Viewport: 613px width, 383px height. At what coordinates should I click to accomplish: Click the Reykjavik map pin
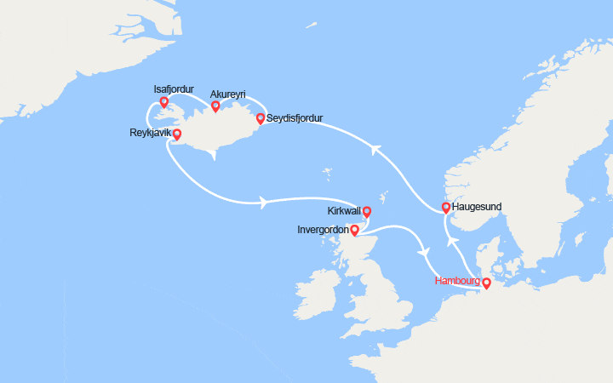(x=177, y=134)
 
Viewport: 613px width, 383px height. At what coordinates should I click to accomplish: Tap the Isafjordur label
(x=174, y=89)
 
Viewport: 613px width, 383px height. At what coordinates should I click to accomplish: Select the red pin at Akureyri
(x=215, y=106)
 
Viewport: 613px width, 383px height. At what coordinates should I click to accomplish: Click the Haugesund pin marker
(x=446, y=208)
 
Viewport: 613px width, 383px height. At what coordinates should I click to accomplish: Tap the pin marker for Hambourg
(x=486, y=283)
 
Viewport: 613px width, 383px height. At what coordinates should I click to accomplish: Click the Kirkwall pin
(x=367, y=212)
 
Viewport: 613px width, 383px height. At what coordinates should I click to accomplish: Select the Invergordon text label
(x=323, y=230)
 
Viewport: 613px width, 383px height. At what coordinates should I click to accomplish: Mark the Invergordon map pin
(x=355, y=230)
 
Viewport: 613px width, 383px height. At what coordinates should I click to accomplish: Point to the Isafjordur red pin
(x=163, y=103)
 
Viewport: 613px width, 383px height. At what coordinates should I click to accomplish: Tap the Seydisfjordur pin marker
(x=260, y=118)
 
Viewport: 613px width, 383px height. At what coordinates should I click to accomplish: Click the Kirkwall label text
(x=344, y=211)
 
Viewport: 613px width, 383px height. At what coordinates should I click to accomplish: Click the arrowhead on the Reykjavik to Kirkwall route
(x=262, y=203)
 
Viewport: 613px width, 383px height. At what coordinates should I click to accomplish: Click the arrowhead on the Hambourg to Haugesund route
(x=453, y=241)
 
